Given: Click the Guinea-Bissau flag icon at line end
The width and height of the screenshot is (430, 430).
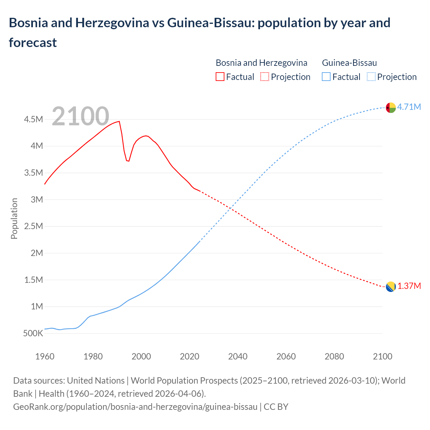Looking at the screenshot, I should point(391,108).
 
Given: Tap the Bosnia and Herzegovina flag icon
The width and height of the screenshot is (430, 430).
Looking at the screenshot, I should point(390,287).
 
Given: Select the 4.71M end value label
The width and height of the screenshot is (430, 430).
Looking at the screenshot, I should point(409,107).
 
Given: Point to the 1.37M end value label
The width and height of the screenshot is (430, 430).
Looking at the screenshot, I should point(409,286).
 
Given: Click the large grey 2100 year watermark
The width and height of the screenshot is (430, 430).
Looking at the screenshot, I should point(80,116).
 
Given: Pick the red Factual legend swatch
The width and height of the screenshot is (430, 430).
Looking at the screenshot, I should point(220,77).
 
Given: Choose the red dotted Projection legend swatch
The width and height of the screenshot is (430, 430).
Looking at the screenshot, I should point(265,77).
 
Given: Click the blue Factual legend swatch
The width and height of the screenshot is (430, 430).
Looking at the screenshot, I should point(326,77).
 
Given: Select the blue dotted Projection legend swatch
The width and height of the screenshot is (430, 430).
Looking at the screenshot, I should point(371,77).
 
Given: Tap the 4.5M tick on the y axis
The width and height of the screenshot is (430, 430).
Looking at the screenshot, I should point(34,119).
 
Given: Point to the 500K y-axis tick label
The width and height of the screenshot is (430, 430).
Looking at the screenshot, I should point(33,334).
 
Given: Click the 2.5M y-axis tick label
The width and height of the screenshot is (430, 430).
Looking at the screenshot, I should point(34,226).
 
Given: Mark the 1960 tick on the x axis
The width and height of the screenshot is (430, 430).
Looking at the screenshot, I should point(45,356).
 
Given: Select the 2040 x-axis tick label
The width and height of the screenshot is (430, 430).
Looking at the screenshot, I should point(238,356).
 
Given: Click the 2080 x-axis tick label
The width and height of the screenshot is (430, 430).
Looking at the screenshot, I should point(334,356).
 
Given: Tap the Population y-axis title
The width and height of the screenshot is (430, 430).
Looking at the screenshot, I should point(14,218).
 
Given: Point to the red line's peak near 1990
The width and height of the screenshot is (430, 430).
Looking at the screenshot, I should point(119,121).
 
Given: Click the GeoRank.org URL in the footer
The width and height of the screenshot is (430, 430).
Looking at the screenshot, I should point(135,407).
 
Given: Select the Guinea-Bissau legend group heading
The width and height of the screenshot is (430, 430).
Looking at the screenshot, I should point(349,63).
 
